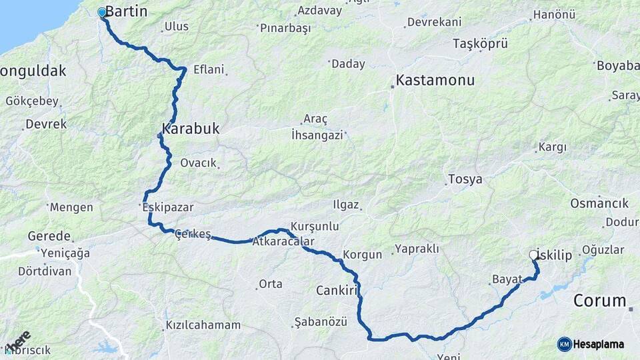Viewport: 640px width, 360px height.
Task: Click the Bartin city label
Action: click(126, 11)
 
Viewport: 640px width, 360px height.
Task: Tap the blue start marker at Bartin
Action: click(102, 12)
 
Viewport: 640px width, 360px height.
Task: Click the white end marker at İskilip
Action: click(533, 254)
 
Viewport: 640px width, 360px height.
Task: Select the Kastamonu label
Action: click(435, 80)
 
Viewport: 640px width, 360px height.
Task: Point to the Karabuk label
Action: click(190, 128)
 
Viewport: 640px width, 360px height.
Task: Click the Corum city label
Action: click(599, 300)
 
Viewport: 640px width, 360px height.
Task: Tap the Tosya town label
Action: click(465, 179)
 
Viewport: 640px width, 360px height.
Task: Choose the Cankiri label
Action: click(338, 290)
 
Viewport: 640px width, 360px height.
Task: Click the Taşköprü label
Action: click(480, 44)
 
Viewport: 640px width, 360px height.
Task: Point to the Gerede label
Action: click(49, 236)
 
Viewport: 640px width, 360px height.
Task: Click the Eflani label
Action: click(209, 69)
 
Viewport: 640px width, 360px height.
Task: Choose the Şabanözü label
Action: click(321, 322)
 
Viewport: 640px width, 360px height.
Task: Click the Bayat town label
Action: click(505, 278)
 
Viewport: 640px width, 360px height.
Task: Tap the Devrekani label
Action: click(434, 22)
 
